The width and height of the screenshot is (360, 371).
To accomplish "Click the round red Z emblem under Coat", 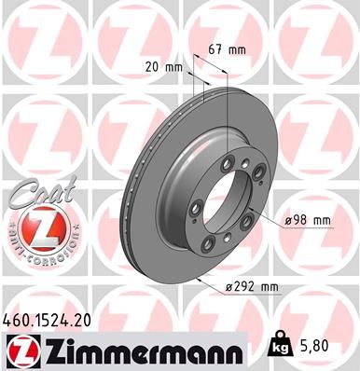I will (x=33, y=228).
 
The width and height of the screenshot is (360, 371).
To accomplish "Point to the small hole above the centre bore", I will (x=243, y=167).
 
